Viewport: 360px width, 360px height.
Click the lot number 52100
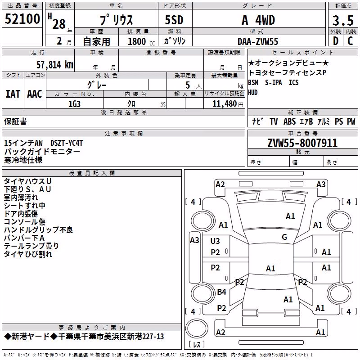click(22, 19)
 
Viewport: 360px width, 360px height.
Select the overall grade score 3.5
click(343, 20)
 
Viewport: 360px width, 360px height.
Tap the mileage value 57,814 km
click(55, 64)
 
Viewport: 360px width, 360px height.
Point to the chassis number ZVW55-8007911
click(302, 143)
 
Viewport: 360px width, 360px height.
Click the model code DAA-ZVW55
click(258, 41)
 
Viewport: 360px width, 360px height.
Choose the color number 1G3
click(74, 104)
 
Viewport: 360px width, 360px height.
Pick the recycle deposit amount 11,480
click(224, 104)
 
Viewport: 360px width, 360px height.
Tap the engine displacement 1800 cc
click(141, 41)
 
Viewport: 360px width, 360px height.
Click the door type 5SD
click(174, 20)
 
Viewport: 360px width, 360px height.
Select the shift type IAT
click(13, 94)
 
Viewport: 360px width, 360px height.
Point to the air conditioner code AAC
click(35, 94)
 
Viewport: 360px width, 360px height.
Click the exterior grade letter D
click(336, 41)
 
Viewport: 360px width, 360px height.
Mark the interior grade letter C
click(350, 41)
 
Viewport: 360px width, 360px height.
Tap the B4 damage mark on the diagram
click(221, 292)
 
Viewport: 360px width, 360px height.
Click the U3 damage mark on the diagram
click(215, 241)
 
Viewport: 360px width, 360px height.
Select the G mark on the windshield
click(284, 237)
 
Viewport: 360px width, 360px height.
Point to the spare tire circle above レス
click(197, 328)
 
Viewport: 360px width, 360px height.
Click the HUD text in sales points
click(253, 93)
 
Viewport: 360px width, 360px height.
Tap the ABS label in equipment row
click(289, 121)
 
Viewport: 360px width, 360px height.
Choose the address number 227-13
click(153, 337)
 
